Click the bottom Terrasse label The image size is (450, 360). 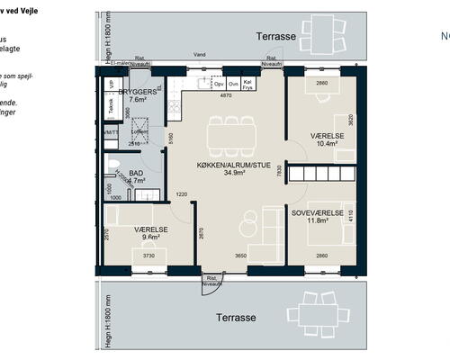coord(237,318)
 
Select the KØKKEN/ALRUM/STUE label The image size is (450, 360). coord(234,166)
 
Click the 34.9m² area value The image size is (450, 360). coord(234,175)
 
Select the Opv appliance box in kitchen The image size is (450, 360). coord(219,83)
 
